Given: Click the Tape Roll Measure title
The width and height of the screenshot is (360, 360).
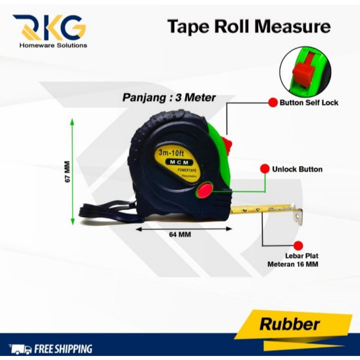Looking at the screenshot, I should (249, 27).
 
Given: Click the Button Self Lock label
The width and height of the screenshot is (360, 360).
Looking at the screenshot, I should (309, 103).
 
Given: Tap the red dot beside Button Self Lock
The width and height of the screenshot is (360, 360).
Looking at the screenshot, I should (273, 103).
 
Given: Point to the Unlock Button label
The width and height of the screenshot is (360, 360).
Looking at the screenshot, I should (297, 169).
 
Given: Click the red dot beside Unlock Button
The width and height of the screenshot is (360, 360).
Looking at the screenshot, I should (265, 169).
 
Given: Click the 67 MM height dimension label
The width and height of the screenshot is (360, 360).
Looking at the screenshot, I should (68, 171).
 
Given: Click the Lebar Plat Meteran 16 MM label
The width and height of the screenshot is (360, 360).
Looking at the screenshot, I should (292, 261).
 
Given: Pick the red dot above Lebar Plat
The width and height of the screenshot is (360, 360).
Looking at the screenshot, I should (297, 246).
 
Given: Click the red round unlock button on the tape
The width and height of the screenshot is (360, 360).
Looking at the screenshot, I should (205, 190).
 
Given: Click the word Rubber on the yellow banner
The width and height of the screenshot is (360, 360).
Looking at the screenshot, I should (290, 324).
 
